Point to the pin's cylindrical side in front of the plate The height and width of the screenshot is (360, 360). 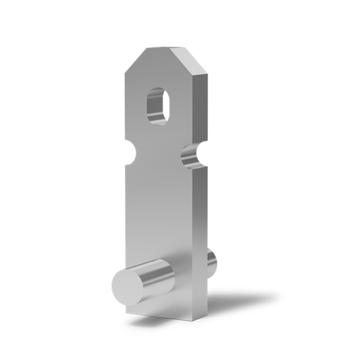(157, 274)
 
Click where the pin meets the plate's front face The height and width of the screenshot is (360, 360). (173, 273)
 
